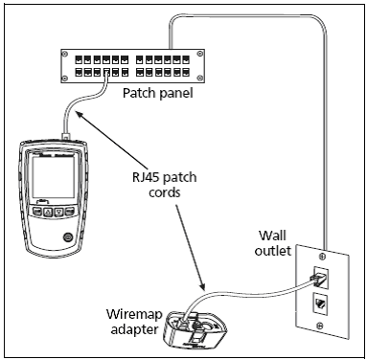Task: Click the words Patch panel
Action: pos(158,94)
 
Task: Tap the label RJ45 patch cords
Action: pos(165,185)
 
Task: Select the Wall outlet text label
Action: pos(273,243)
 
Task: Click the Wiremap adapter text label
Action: pos(134,322)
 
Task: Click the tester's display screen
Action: pos(54,177)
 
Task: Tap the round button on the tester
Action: pos(67,236)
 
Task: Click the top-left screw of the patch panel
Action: pos(65,54)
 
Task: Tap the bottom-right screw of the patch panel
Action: pos(200,78)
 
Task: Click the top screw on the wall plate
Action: pos(323,256)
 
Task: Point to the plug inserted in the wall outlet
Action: pos(319,278)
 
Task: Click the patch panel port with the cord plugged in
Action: pos(106,73)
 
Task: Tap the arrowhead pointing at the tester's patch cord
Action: pos(78,114)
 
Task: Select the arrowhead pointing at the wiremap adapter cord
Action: pos(201,285)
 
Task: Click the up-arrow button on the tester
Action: pos(48,212)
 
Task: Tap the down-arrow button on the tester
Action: pos(58,212)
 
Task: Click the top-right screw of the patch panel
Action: pos(200,54)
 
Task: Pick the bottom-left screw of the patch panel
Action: pos(65,78)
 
